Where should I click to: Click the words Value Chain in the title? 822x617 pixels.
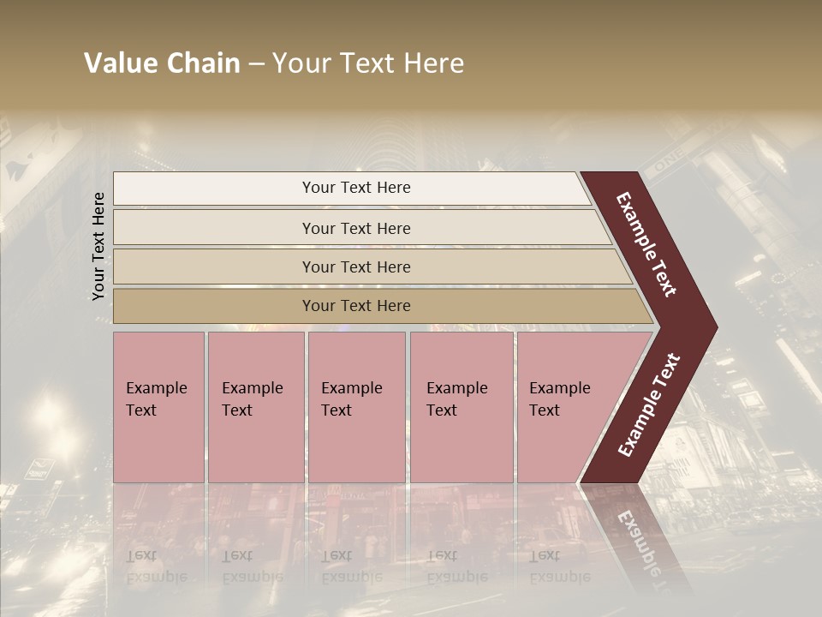(162, 63)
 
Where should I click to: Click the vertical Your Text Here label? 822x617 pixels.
(99, 247)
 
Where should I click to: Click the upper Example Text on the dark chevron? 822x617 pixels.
(646, 244)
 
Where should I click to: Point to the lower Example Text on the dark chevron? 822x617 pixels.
(649, 405)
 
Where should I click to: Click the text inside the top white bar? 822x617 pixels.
(356, 188)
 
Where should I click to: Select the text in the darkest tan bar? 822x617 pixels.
(356, 306)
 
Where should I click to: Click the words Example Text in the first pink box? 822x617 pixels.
(156, 399)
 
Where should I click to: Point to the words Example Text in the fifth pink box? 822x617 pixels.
(559, 399)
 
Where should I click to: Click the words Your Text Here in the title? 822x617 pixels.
(368, 63)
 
